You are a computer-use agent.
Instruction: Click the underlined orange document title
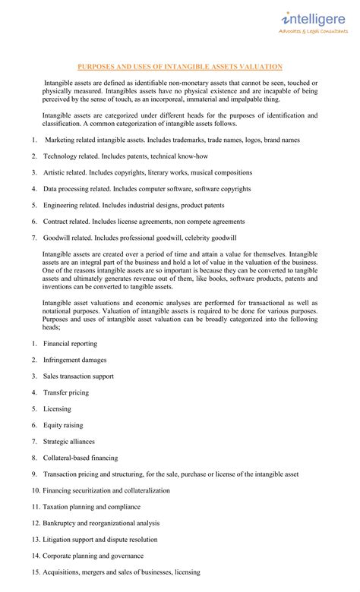click(x=180, y=67)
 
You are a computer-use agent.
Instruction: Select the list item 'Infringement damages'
click(x=74, y=360)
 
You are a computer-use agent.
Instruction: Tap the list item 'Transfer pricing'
click(x=65, y=392)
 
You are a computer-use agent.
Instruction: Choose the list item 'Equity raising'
click(x=63, y=425)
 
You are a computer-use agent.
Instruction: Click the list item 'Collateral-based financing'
click(x=81, y=458)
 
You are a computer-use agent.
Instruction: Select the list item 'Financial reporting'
click(x=71, y=344)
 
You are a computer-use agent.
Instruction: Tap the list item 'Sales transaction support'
click(x=78, y=376)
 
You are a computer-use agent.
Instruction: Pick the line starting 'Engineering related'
click(x=134, y=205)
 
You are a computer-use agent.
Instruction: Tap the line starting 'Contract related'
click(x=144, y=222)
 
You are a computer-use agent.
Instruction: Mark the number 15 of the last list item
click(x=36, y=572)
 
